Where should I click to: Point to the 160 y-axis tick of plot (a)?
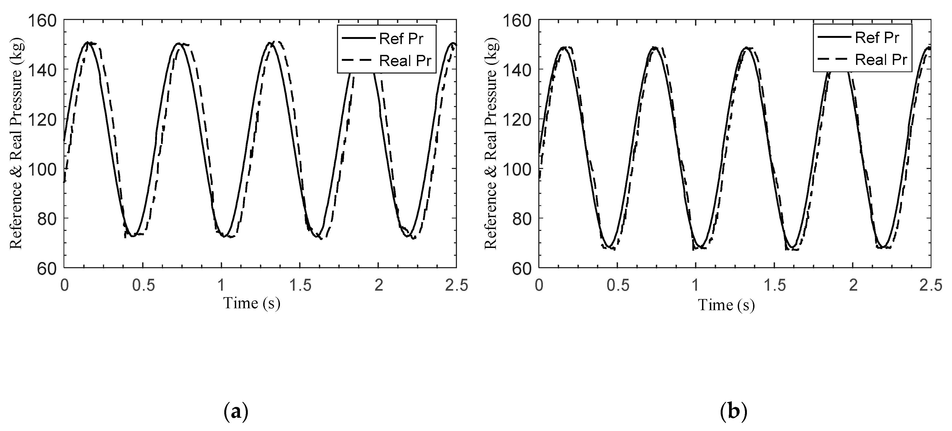click(x=46, y=20)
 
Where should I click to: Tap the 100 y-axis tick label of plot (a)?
click(x=46, y=169)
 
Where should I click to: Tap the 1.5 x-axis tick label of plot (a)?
click(x=300, y=286)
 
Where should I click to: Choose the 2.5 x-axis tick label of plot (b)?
click(x=931, y=286)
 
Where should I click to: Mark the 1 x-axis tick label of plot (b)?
click(x=696, y=286)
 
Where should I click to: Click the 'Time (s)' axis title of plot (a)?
click(x=252, y=303)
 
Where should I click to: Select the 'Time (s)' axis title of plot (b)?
click(x=726, y=305)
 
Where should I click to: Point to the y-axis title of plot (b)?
click(x=491, y=144)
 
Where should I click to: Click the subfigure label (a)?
click(x=236, y=412)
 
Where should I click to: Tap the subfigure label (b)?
click(x=734, y=412)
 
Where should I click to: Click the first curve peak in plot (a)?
click(x=88, y=42)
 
